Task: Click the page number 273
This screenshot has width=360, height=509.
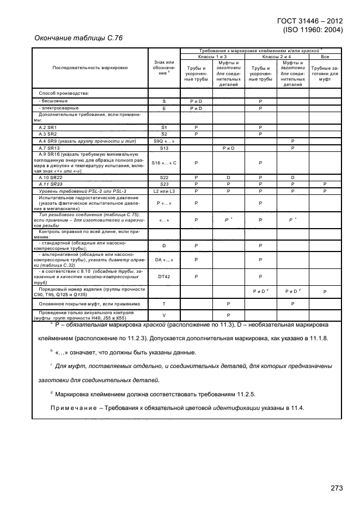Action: coord(336,488)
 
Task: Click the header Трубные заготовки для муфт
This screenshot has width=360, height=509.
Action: coord(325,73)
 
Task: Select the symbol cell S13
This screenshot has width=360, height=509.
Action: coord(164,148)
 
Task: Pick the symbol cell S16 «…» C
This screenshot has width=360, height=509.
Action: coord(164,163)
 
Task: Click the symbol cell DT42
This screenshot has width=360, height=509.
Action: coord(164,276)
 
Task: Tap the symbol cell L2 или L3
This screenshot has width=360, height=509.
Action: coord(164,191)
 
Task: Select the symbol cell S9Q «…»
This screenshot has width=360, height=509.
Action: coord(164,141)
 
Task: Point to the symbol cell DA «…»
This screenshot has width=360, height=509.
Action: coord(164,260)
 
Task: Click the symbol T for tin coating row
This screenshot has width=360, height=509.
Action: coord(164,303)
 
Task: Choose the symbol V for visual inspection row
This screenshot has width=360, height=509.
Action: coord(164,315)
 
